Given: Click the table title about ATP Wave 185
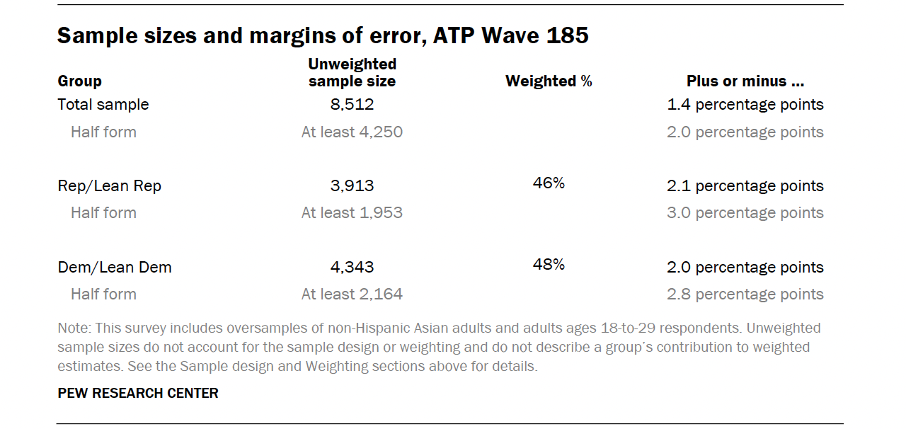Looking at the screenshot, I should click(323, 35).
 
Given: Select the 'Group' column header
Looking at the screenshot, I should click(80, 81).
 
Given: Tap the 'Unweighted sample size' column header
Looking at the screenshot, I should click(352, 73).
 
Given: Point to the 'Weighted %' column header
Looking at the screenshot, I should click(549, 81).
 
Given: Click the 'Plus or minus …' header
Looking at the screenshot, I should click(745, 81).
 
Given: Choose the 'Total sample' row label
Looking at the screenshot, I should click(103, 105).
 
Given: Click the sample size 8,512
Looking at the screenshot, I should click(352, 105).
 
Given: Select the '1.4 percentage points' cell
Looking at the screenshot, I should click(745, 105).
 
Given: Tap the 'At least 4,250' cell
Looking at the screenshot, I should click(352, 132).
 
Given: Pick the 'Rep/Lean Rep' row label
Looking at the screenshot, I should click(110, 186).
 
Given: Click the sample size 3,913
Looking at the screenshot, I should click(352, 186).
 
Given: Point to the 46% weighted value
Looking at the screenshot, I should click(549, 183).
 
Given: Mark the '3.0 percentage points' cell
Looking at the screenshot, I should click(745, 213).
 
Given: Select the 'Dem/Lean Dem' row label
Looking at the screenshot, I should click(115, 268).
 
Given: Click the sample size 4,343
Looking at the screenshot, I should click(352, 268).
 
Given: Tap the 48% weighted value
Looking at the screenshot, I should click(549, 265).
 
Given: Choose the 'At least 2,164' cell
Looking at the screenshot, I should click(352, 294).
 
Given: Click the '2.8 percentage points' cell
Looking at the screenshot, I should click(745, 294).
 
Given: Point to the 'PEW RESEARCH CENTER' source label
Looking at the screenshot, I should click(138, 394).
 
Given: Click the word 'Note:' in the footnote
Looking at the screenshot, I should click(74, 328).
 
